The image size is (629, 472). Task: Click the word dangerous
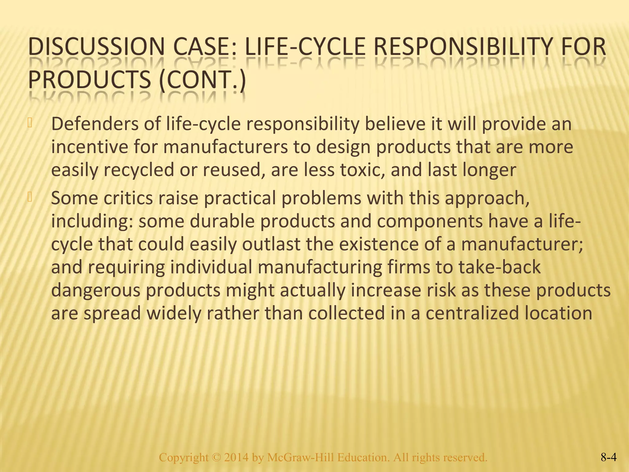[96, 290]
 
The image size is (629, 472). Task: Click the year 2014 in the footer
[236, 458]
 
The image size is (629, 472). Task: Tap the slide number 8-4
[608, 458]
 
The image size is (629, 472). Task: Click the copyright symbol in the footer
[216, 458]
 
